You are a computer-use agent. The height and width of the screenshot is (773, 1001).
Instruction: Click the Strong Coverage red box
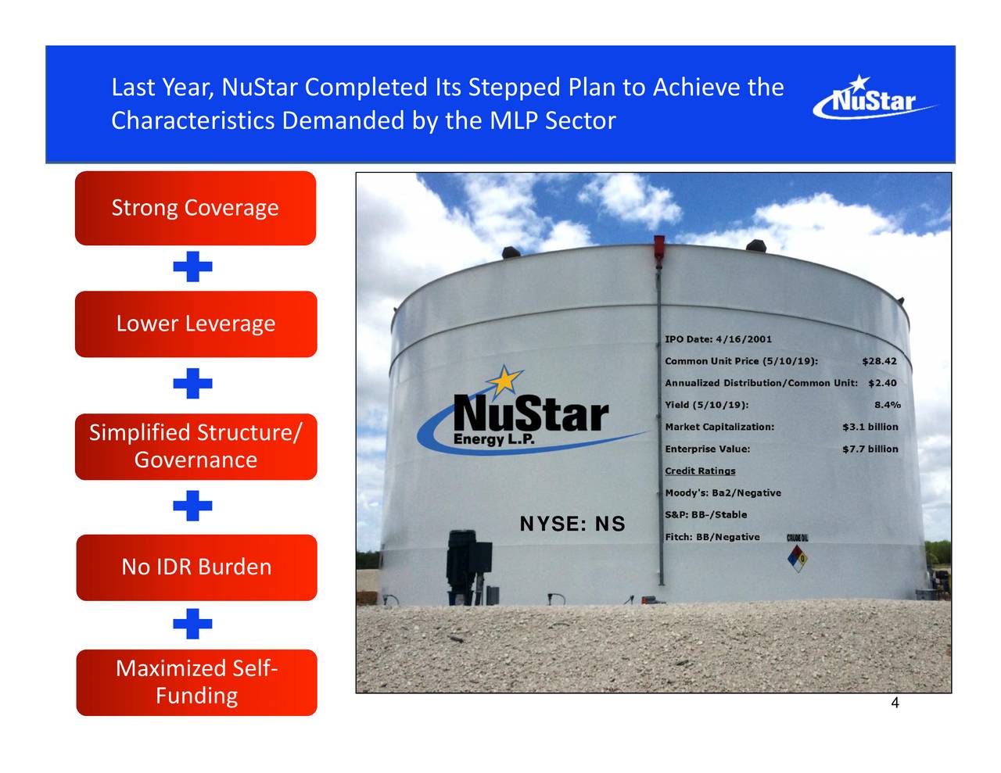196,208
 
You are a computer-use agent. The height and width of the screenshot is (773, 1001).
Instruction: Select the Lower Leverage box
196,324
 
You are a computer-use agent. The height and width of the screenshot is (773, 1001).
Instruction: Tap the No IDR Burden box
196,567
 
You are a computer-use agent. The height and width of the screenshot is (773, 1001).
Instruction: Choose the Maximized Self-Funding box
196,682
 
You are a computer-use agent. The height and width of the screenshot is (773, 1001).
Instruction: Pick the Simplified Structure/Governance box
196,446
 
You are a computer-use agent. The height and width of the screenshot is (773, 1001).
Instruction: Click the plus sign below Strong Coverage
193,267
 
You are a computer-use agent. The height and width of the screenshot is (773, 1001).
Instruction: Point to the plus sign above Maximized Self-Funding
193,624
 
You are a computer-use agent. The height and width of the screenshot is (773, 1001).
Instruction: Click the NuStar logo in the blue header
874,99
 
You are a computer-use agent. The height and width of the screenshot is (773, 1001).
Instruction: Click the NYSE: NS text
572,524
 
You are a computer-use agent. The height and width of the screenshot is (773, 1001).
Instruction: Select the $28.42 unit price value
879,361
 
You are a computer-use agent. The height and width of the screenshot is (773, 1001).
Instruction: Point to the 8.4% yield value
887,405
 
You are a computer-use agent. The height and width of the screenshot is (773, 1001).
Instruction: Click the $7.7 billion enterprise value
870,449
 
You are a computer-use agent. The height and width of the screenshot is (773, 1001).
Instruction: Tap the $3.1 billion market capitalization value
870,427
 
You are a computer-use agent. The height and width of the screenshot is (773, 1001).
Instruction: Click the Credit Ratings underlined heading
700,471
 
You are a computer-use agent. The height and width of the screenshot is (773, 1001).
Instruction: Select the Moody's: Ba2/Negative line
723,492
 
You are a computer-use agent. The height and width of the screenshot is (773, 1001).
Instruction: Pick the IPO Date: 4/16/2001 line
718,339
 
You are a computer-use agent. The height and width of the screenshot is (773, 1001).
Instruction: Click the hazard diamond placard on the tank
798,557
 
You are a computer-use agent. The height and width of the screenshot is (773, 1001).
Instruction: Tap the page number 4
895,703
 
